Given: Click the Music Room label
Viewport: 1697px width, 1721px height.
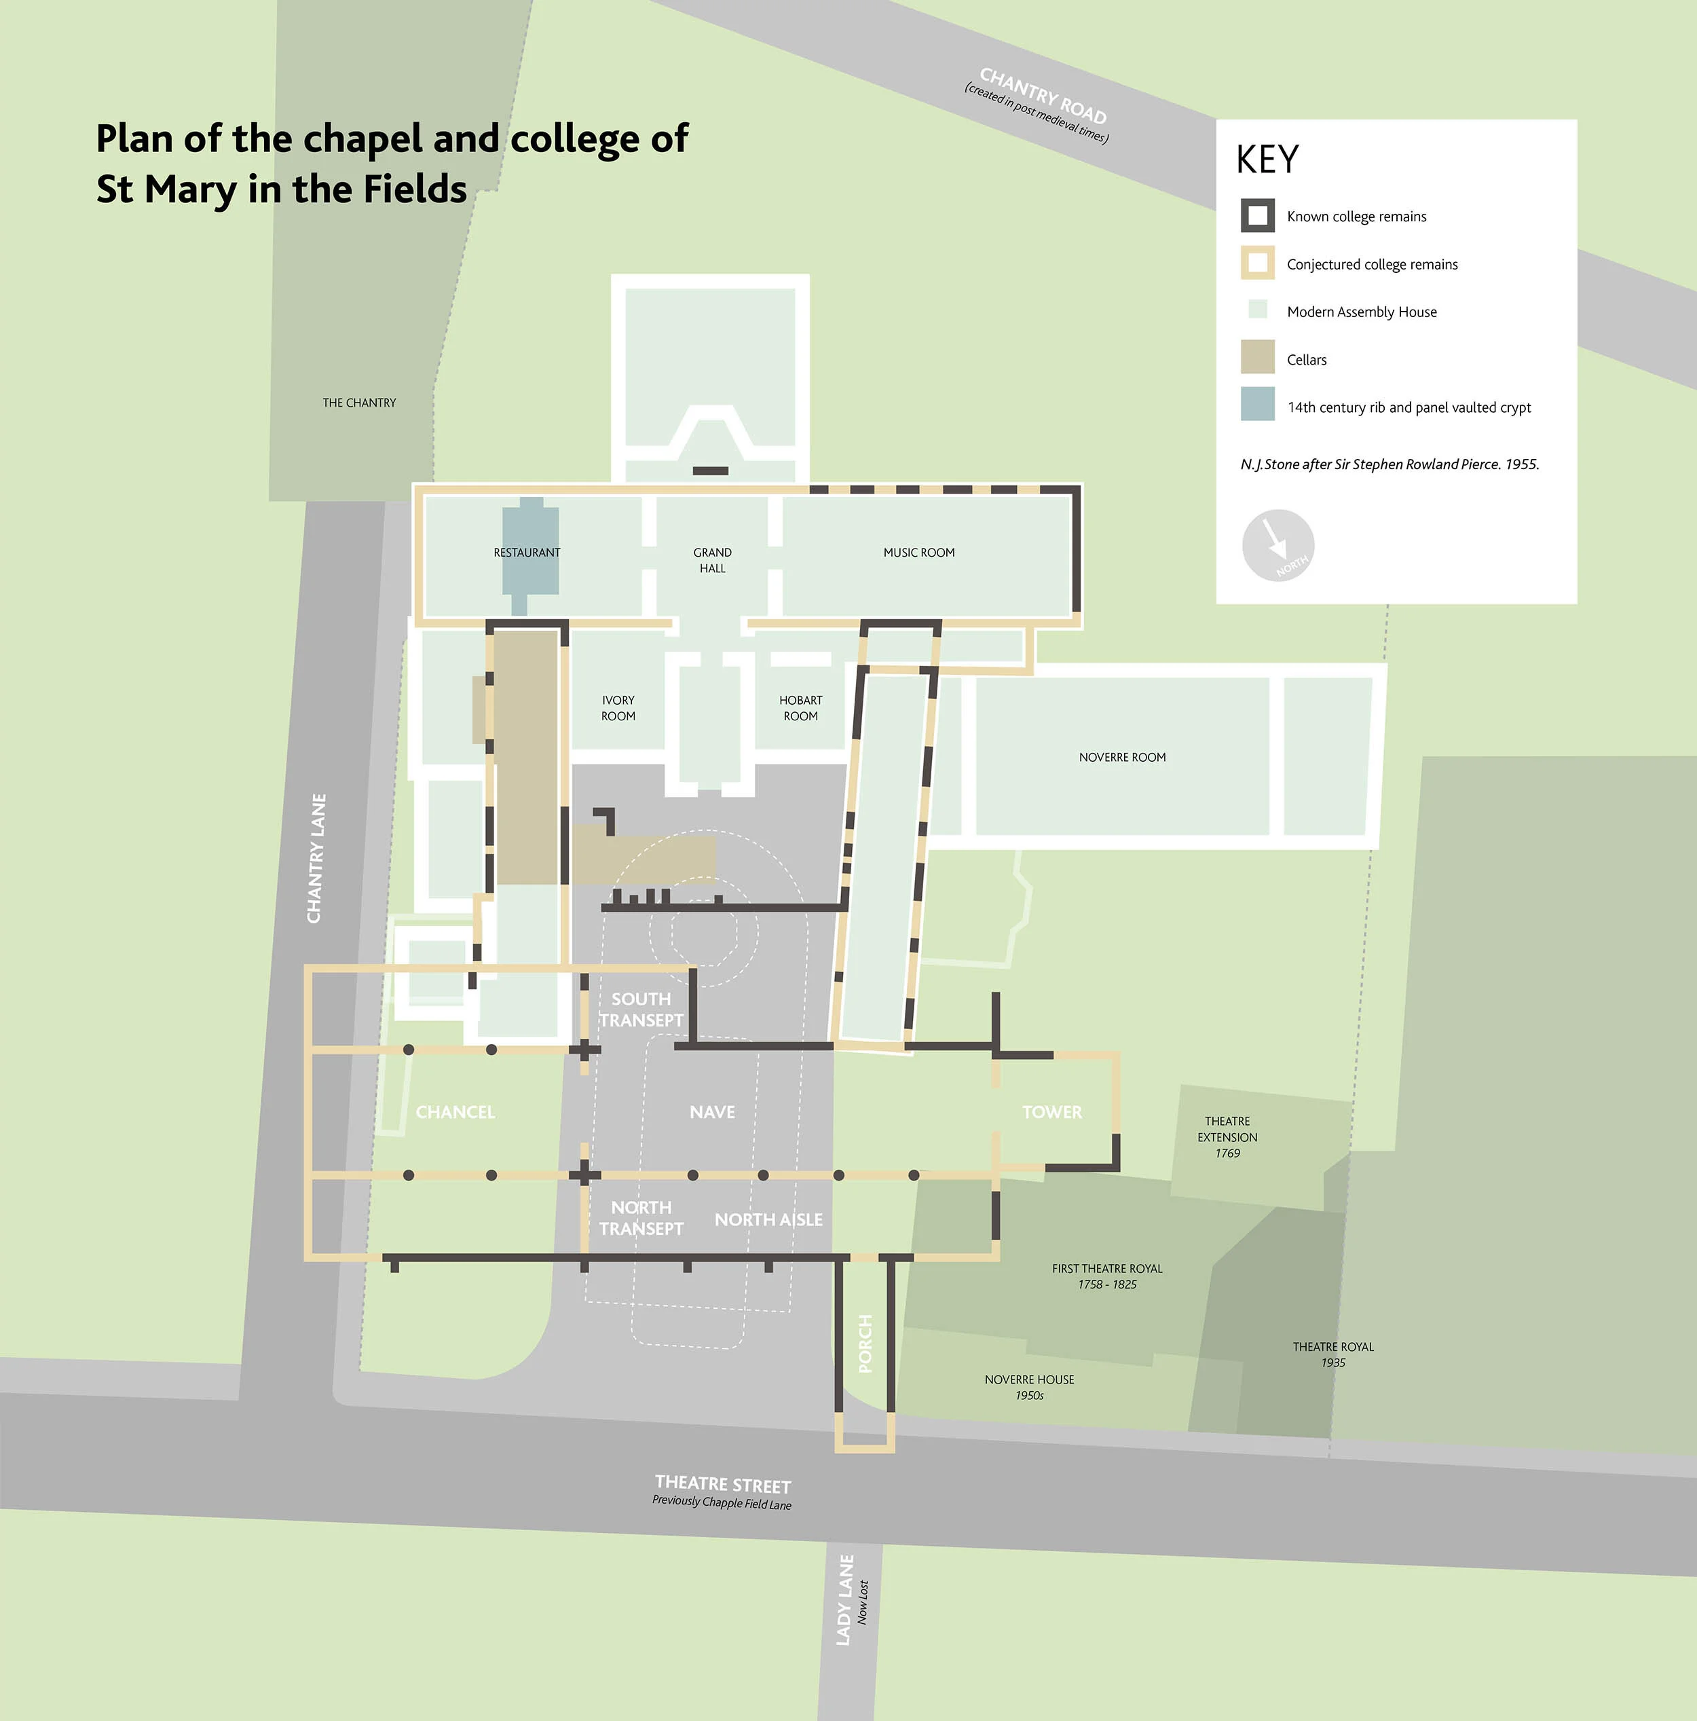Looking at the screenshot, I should click(x=918, y=553).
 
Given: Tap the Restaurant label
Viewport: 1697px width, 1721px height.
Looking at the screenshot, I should click(x=527, y=553).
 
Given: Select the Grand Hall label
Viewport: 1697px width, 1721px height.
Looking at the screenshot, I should click(x=712, y=560).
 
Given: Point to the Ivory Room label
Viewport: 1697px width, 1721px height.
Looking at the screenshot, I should click(x=618, y=708).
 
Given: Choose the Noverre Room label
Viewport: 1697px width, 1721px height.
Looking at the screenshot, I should click(x=1121, y=757).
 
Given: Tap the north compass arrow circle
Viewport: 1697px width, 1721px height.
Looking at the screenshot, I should click(x=1278, y=545).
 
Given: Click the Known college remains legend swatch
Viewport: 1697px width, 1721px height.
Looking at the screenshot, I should click(x=1257, y=216).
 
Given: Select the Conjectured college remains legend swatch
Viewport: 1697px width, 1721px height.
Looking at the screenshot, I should click(x=1257, y=263).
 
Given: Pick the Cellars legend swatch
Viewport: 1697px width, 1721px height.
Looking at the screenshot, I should click(x=1257, y=359).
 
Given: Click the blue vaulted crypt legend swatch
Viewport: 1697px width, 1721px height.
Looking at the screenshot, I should click(x=1257, y=406).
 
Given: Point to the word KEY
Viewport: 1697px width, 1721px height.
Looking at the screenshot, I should click(x=1267, y=160).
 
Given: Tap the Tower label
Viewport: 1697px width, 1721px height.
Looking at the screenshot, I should click(x=1051, y=1112).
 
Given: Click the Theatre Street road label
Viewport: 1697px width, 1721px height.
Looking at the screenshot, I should click(x=722, y=1485).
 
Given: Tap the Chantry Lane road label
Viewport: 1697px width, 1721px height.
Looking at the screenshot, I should click(x=316, y=858).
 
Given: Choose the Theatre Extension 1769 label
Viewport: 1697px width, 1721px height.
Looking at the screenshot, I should click(x=1227, y=1136).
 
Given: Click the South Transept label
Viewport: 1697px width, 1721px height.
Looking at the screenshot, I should click(x=641, y=1010).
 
